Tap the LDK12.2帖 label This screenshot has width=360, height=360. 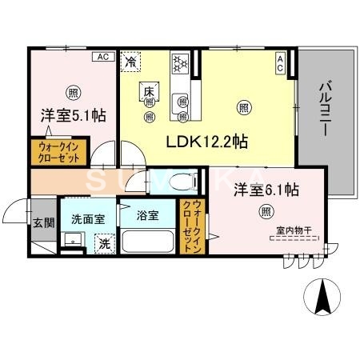pos(206,142)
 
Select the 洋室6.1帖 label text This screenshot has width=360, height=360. pos(266,190)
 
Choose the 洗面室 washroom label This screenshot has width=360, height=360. pos(86,217)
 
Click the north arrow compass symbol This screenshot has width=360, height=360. pos(324,298)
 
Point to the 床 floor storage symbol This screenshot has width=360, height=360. pos(149,90)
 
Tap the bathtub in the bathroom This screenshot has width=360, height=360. pos(148,241)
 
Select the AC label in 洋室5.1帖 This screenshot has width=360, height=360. pos(103,57)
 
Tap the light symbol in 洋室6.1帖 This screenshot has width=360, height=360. pos(265,212)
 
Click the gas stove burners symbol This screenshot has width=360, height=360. pos(180,61)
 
